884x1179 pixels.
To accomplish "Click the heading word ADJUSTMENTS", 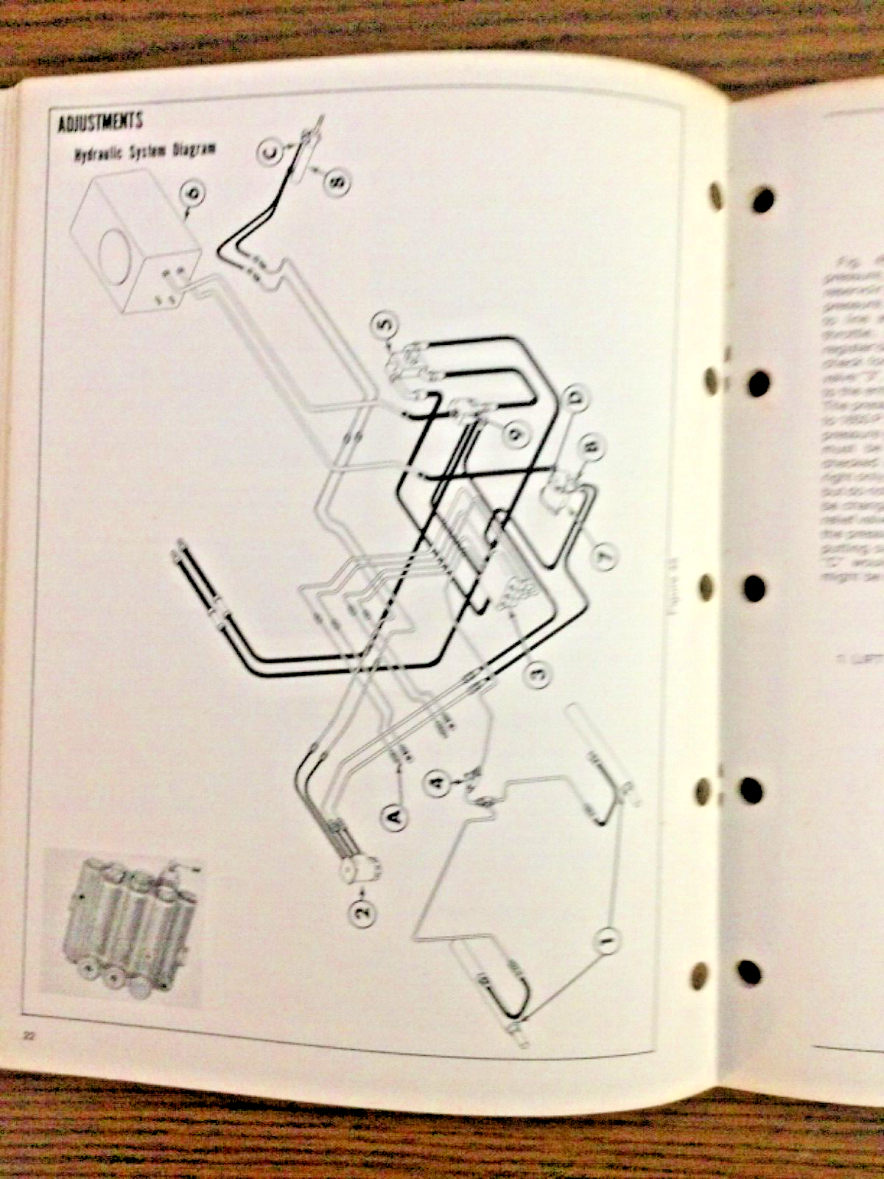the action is (100, 122).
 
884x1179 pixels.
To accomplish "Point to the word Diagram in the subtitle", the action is (194, 149).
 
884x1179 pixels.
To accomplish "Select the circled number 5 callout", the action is (385, 323).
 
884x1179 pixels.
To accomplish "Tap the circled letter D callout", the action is (575, 398).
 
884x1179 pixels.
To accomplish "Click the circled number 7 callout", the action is (606, 556).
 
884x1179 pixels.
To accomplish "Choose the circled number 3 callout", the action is (537, 672).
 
